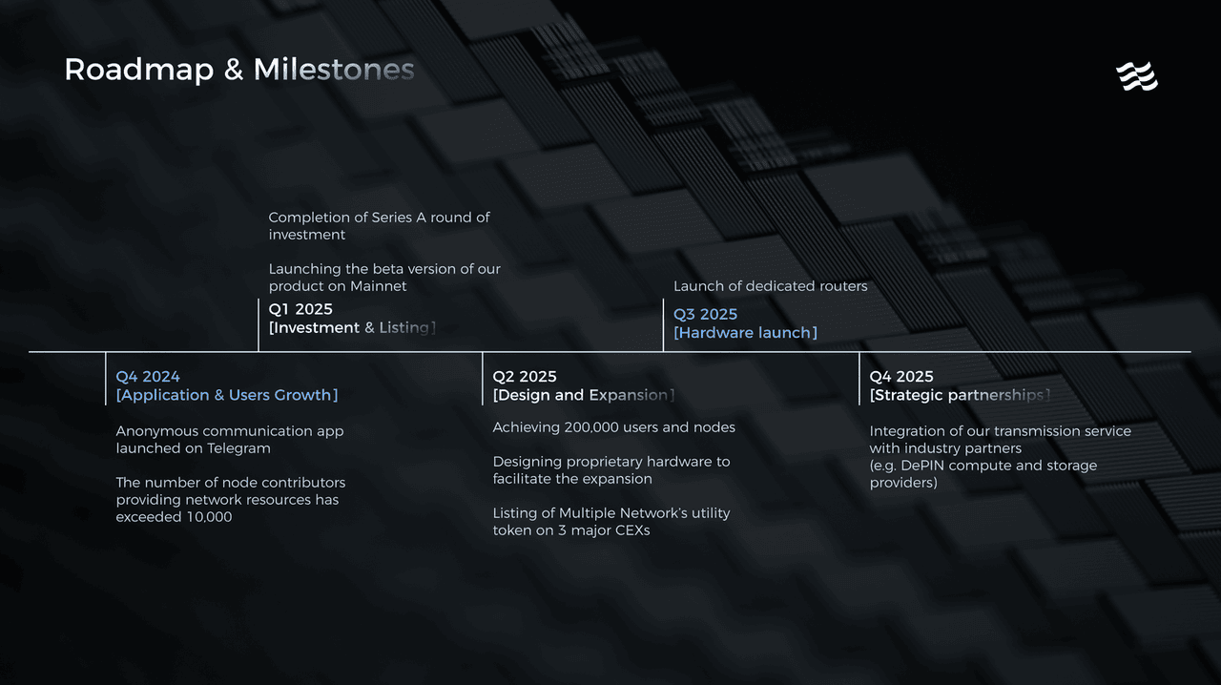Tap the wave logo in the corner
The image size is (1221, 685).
[1137, 75]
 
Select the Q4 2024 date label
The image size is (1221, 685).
[148, 377]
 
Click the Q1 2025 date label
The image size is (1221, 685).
[300, 309]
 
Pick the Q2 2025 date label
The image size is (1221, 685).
[525, 377]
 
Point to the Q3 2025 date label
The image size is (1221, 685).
[705, 314]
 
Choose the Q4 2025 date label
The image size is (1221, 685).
[901, 377]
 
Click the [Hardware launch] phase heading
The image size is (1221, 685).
[745, 333]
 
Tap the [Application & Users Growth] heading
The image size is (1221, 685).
[227, 395]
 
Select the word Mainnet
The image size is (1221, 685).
[379, 286]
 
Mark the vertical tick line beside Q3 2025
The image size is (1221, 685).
[663, 324]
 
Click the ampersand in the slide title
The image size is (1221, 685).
[234, 71]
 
